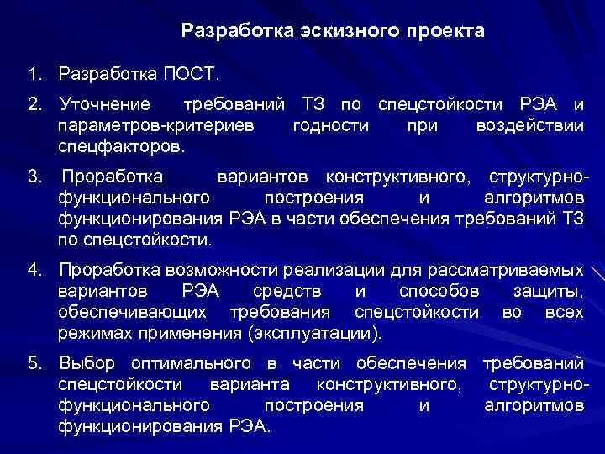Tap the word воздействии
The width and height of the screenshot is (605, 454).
529,125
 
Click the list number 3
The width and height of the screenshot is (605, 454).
33,178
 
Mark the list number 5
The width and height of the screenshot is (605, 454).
33,364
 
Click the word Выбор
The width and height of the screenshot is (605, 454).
87,364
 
